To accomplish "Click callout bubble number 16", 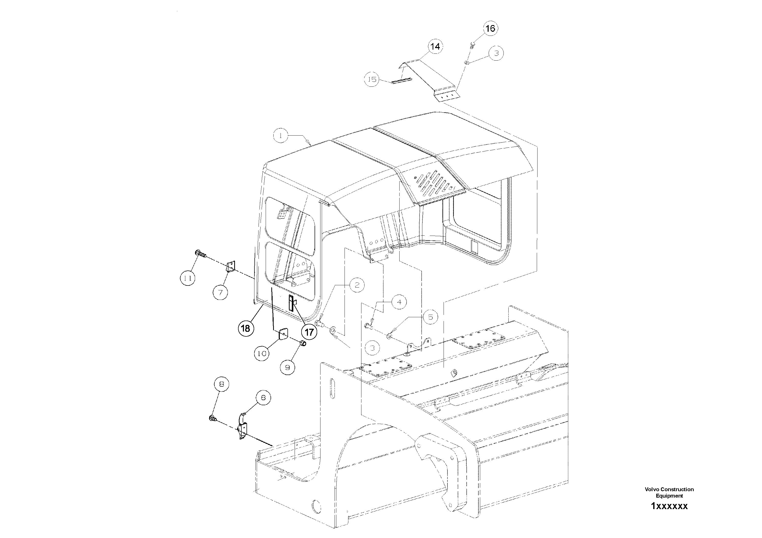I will [x=490, y=29].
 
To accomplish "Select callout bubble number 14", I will [x=435, y=47].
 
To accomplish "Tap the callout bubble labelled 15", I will [x=372, y=79].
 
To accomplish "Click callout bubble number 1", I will [x=281, y=136].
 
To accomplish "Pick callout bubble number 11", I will [x=188, y=278].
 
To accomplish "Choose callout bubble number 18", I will [x=245, y=328].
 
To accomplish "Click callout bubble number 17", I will [x=309, y=332].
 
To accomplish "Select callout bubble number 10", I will [x=262, y=354].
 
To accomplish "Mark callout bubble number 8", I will [x=222, y=385].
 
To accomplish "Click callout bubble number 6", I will [x=263, y=397].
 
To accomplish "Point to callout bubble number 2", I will [x=357, y=285].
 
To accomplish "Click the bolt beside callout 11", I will [x=200, y=254].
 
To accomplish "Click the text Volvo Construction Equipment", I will [x=669, y=492].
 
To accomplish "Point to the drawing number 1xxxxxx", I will [x=669, y=506].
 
